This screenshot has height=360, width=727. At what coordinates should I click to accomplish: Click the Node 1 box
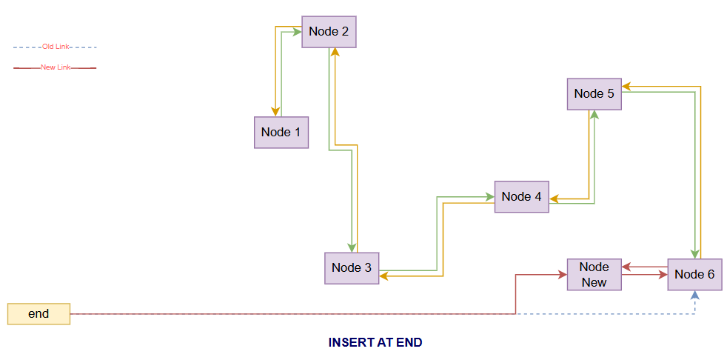pyautogui.click(x=281, y=133)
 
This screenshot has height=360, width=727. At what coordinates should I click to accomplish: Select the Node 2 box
pyautogui.click(x=329, y=32)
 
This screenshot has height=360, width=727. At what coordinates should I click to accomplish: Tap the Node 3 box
pyautogui.click(x=352, y=268)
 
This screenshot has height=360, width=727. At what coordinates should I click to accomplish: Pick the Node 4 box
pyautogui.click(x=521, y=197)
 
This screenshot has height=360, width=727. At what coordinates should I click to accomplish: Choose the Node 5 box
pyautogui.click(x=594, y=94)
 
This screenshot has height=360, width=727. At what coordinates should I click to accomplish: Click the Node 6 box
pyautogui.click(x=694, y=275)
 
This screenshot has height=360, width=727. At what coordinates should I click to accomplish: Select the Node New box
pyautogui.click(x=594, y=275)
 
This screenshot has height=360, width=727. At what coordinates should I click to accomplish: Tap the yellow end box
pyautogui.click(x=38, y=314)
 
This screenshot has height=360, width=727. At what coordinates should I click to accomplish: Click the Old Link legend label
pyautogui.click(x=56, y=47)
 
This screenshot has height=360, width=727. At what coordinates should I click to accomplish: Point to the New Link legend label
pyautogui.click(x=56, y=67)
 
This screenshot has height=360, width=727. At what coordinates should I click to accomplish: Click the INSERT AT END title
pyautogui.click(x=375, y=343)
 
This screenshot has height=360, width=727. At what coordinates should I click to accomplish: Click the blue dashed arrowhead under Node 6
pyautogui.click(x=695, y=295)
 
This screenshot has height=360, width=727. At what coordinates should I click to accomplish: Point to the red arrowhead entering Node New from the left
pyautogui.click(x=563, y=275)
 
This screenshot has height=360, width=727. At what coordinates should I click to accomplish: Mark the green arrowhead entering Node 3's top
pyautogui.click(x=351, y=248)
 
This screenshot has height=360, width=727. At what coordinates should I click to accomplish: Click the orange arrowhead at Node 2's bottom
pyautogui.click(x=335, y=52)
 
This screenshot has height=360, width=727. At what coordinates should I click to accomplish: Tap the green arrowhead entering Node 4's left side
pyautogui.click(x=490, y=197)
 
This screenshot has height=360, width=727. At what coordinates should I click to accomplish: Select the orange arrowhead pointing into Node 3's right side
pyautogui.click(x=384, y=276)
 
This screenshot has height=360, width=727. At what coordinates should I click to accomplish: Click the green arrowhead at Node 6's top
pyautogui.click(x=695, y=254)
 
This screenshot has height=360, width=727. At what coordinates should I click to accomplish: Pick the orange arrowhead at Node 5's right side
pyautogui.click(x=626, y=86)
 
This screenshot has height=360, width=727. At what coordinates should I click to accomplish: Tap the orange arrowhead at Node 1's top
pyautogui.click(x=276, y=112)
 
